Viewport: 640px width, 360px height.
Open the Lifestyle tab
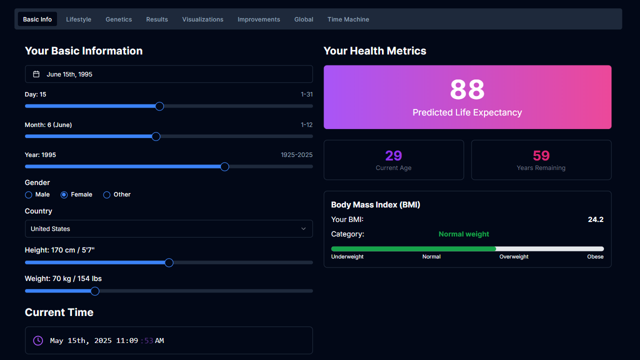pyautogui.click(x=78, y=19)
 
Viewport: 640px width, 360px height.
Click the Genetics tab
pyautogui.click(x=118, y=19)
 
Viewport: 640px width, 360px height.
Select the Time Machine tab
pyautogui.click(x=348, y=19)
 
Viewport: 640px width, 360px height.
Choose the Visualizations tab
pyautogui.click(x=202, y=19)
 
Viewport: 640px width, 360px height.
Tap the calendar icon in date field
pyautogui.click(x=36, y=74)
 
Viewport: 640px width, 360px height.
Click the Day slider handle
pyautogui.click(x=159, y=106)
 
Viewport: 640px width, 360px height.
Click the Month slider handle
pyautogui.click(x=156, y=136)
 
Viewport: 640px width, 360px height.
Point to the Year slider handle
pyautogui.click(x=225, y=167)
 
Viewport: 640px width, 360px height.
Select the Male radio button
pyautogui.click(x=28, y=195)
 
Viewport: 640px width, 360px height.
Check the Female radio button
pyautogui.click(x=64, y=195)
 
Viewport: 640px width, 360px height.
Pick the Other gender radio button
pyautogui.click(x=106, y=195)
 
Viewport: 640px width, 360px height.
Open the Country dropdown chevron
pyautogui.click(x=303, y=229)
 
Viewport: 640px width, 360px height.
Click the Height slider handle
pyautogui.click(x=169, y=262)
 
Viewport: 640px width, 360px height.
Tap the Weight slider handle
pyautogui.click(x=95, y=291)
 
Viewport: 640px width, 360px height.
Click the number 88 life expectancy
pyautogui.click(x=467, y=90)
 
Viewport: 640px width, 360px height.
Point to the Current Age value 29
pyautogui.click(x=393, y=155)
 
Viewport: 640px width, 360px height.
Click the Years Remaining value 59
pyautogui.click(x=541, y=155)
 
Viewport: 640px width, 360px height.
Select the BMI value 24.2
pyautogui.click(x=595, y=219)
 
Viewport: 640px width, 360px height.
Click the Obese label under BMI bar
pyautogui.click(x=595, y=257)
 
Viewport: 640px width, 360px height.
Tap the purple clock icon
pyautogui.click(x=38, y=340)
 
